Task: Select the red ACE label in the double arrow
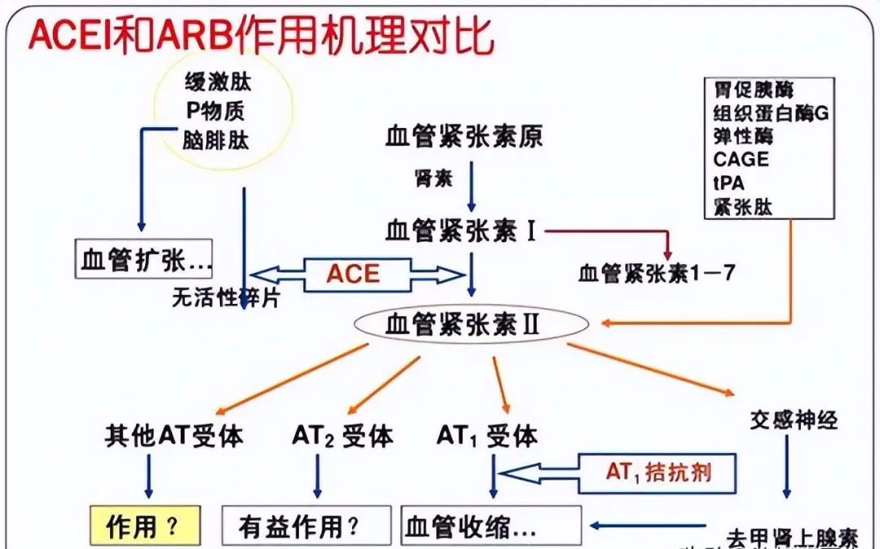(353, 274)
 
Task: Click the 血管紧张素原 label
(464, 137)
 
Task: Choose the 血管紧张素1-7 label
(657, 273)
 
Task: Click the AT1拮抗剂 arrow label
(658, 471)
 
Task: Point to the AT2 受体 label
(342, 437)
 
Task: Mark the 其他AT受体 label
(174, 437)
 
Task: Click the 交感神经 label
(793, 420)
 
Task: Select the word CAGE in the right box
(741, 160)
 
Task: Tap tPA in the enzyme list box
(728, 182)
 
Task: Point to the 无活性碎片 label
(226, 298)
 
